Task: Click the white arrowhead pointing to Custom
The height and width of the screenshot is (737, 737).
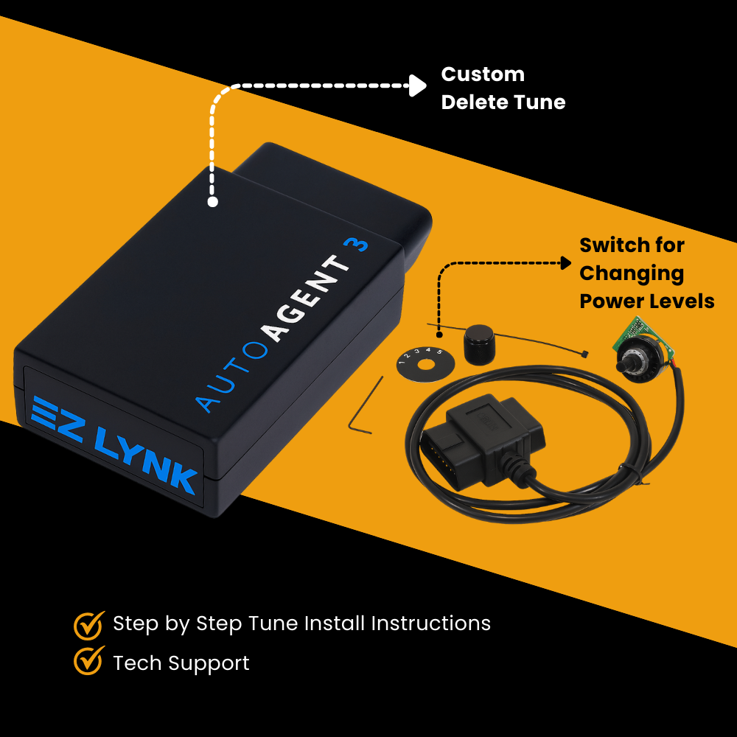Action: [419, 85]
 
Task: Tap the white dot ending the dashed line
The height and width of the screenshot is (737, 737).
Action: [212, 201]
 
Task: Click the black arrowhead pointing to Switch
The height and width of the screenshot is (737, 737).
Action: [566, 262]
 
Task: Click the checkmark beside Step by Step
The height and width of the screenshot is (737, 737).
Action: [88, 625]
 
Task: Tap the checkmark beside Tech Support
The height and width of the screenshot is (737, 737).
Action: [88, 662]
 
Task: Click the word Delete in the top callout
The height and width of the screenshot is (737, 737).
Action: [476, 102]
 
